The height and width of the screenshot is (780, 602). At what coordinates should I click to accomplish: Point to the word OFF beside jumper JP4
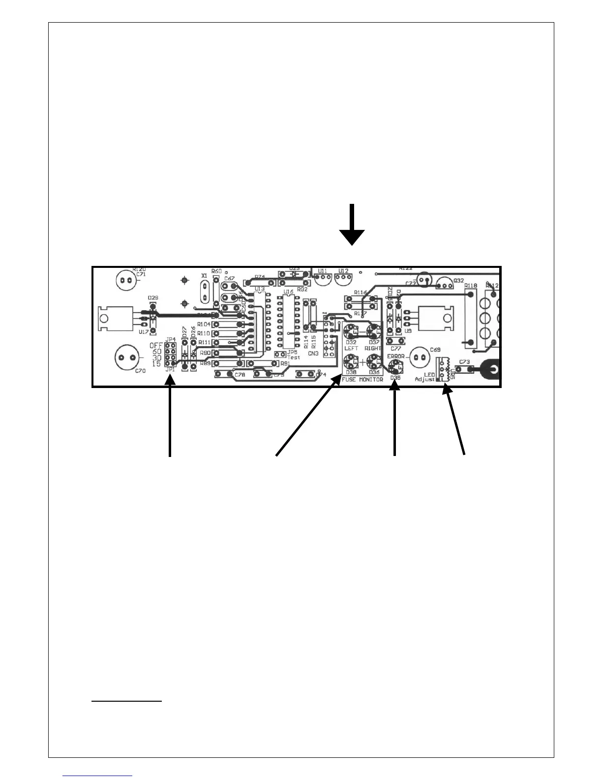156,346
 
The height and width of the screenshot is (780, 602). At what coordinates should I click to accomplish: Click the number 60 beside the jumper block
157,352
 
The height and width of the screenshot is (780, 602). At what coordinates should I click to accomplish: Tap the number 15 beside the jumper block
157,364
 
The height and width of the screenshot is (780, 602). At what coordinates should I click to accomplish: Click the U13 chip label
259,289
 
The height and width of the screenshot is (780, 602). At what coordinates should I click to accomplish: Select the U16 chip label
288,292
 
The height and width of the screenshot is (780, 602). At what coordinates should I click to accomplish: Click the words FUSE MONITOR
362,380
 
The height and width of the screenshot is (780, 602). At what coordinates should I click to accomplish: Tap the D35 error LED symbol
394,366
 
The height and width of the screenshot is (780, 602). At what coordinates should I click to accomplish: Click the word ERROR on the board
395,356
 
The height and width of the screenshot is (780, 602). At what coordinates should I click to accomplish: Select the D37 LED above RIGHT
374,330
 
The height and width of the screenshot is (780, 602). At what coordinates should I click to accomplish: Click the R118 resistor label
471,286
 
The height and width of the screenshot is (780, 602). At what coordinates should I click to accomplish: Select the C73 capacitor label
463,362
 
